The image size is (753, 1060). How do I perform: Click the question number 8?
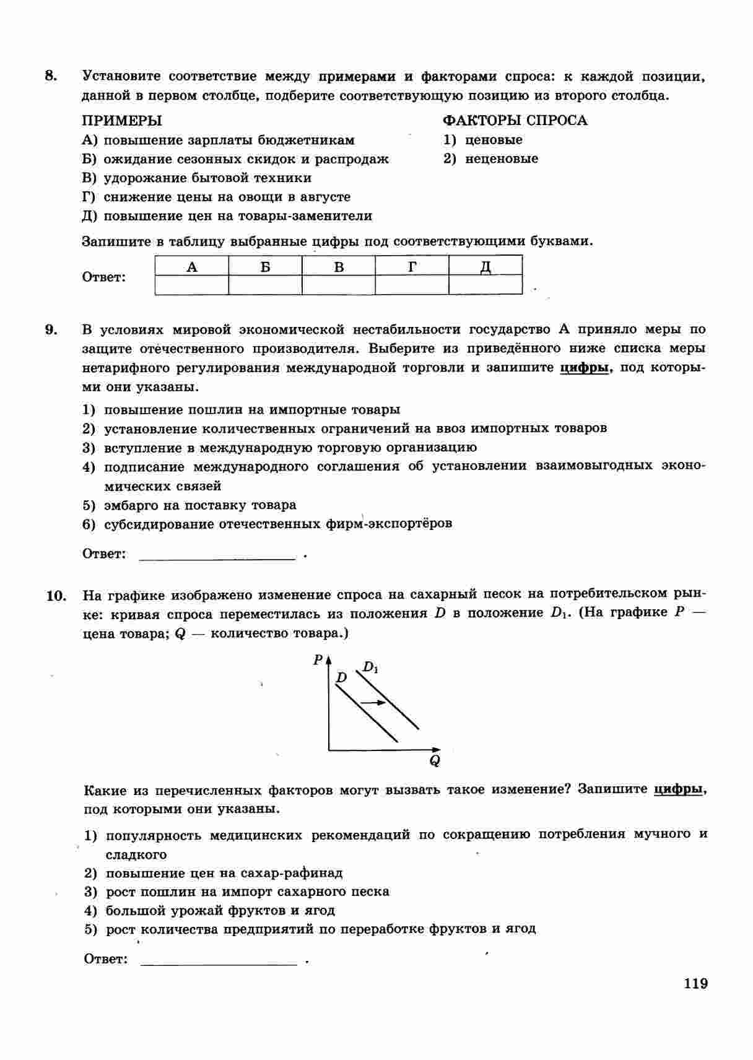51,76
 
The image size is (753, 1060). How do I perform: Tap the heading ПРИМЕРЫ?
122,120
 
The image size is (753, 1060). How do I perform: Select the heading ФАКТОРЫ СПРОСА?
515,120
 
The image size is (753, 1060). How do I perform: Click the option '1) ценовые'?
483,139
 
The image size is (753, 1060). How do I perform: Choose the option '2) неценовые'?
491,159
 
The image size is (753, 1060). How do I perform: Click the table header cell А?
192,267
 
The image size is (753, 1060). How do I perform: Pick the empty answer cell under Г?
412,285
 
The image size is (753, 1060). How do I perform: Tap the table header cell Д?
485,267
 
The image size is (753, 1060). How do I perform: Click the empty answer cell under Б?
265,285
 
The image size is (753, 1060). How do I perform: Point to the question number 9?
51,329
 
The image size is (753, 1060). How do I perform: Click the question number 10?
56,596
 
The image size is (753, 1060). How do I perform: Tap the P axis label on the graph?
318,659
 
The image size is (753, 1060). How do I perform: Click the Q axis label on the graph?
435,760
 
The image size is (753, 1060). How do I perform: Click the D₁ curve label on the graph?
370,667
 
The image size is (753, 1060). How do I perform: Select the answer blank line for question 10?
219,961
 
